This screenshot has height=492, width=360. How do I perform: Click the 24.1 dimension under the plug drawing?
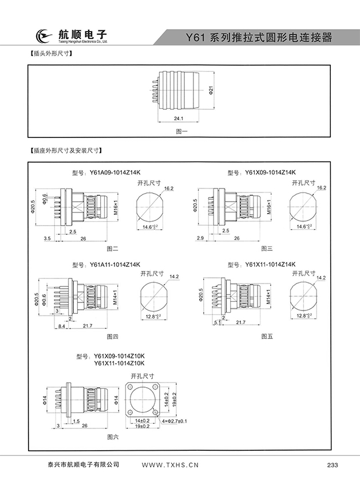pyautogui.click(x=179, y=119)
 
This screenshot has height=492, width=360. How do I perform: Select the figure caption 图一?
pyautogui.click(x=181, y=131)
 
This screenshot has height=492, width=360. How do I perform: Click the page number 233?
pyautogui.click(x=333, y=465)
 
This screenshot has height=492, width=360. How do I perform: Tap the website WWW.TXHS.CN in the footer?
pyautogui.click(x=169, y=465)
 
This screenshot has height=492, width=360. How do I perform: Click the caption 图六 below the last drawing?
pyautogui.click(x=112, y=436)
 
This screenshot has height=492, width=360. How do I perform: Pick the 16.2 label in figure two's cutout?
pyautogui.click(x=168, y=188)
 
